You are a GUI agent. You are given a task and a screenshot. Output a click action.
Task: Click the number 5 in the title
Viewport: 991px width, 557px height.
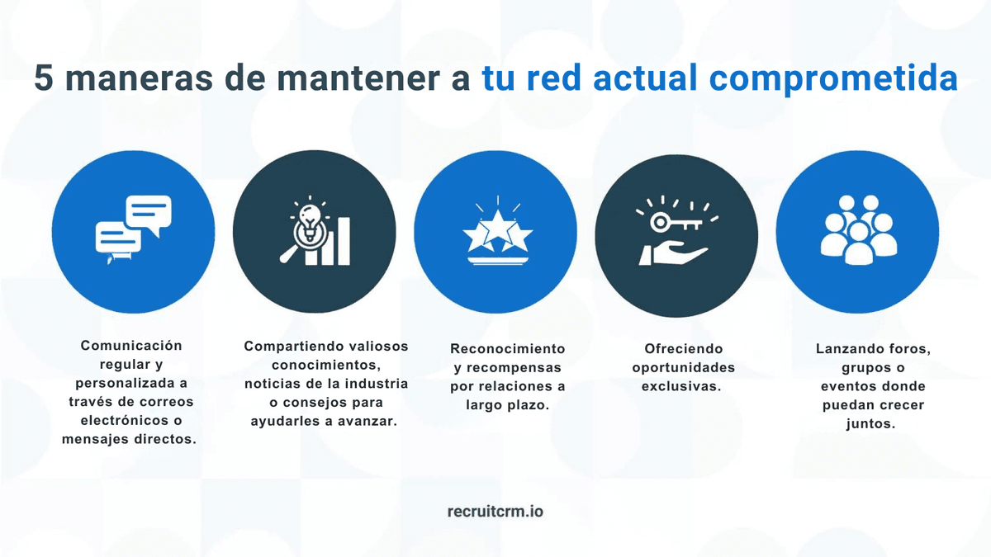(46, 79)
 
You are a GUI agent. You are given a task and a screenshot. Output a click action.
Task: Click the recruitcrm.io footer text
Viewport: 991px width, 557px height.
(495, 511)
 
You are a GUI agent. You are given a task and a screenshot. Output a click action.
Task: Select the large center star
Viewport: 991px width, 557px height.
(495, 229)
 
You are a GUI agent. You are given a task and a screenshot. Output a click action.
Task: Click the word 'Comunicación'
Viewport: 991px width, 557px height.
(131, 345)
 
